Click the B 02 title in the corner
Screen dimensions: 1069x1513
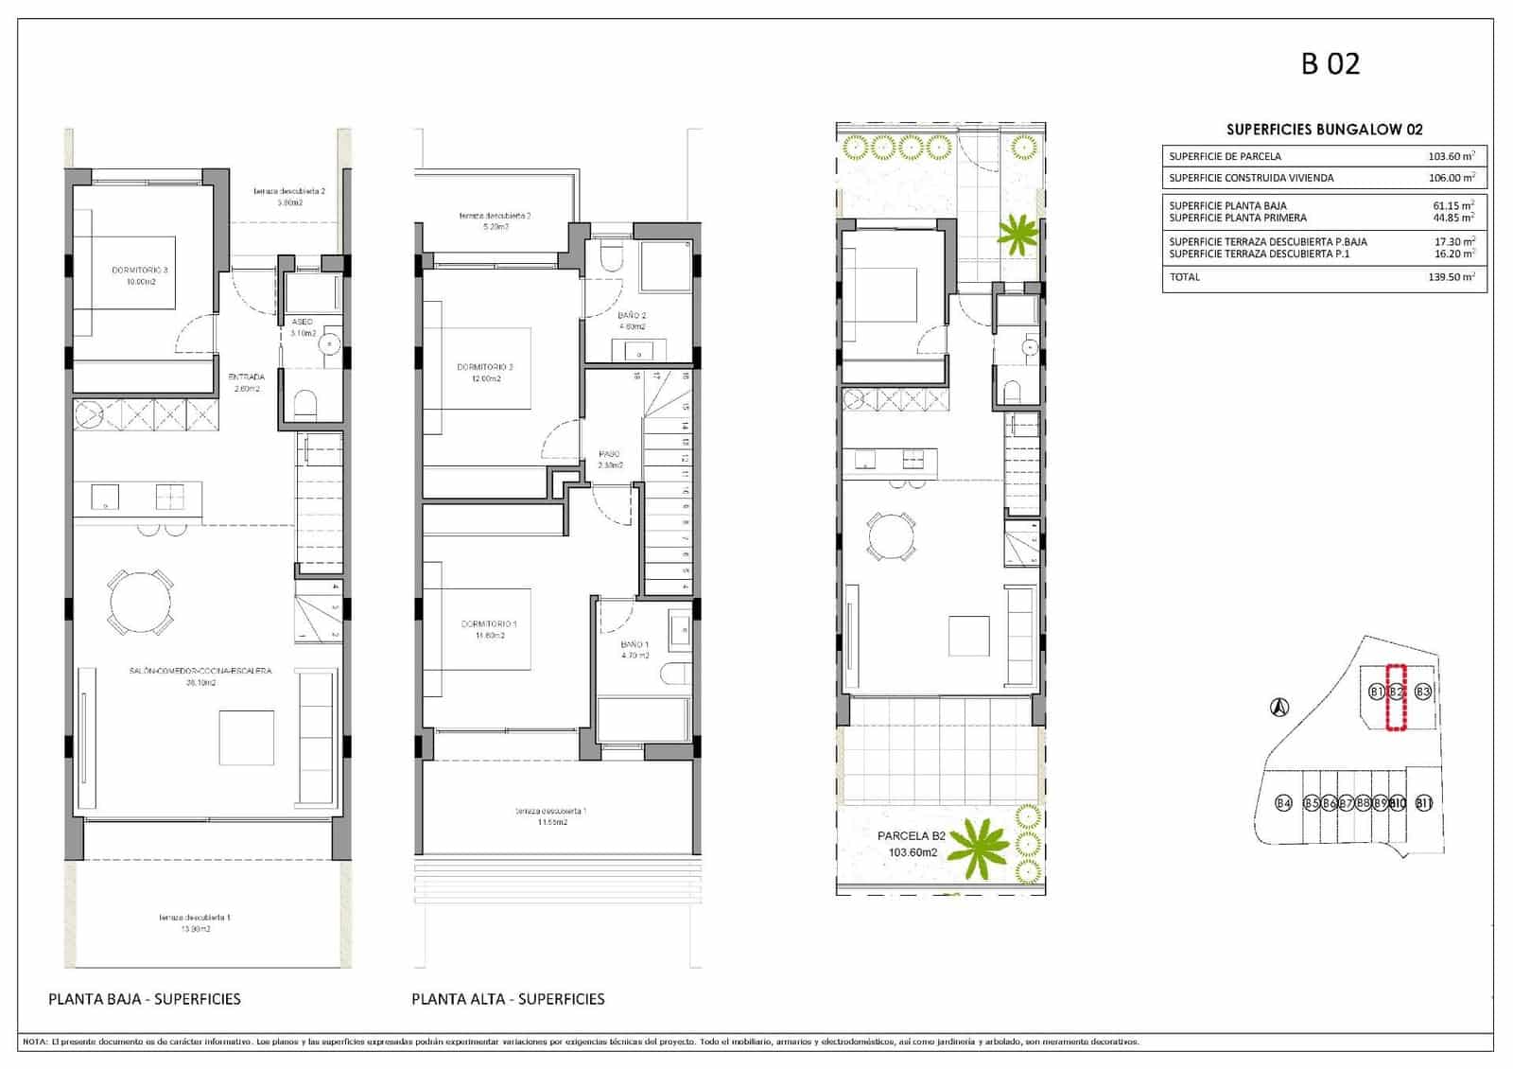click(x=1330, y=63)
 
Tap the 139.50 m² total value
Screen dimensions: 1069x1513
click(x=1451, y=277)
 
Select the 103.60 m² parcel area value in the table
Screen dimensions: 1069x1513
click(x=1451, y=157)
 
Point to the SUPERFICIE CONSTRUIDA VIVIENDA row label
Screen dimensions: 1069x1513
click(x=1251, y=178)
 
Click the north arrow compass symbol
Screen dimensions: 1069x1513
click(x=1279, y=706)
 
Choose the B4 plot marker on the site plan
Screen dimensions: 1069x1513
click(x=1283, y=803)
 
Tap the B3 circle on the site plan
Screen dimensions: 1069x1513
click(x=1422, y=692)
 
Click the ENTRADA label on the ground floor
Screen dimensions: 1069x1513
click(x=247, y=377)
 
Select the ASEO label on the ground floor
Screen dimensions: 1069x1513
click(x=302, y=322)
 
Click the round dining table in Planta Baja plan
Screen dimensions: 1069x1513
click(x=142, y=603)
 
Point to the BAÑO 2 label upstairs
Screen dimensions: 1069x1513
click(x=633, y=315)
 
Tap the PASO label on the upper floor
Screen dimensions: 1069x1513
click(x=610, y=454)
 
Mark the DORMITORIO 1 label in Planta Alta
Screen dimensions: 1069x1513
click(x=488, y=624)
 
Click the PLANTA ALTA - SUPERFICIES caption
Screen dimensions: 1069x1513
click(x=508, y=999)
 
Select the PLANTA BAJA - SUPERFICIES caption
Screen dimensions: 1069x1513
click(x=145, y=999)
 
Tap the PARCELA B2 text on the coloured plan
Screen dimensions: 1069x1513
click(x=911, y=836)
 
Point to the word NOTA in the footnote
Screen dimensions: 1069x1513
click(x=35, y=1042)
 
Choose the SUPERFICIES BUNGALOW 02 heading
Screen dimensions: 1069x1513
click(x=1324, y=130)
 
